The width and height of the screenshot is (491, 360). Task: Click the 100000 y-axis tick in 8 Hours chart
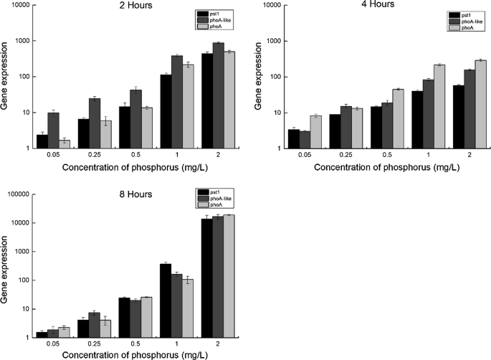pos(21,194)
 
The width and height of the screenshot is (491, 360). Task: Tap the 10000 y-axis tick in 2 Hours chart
pos(22,5)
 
